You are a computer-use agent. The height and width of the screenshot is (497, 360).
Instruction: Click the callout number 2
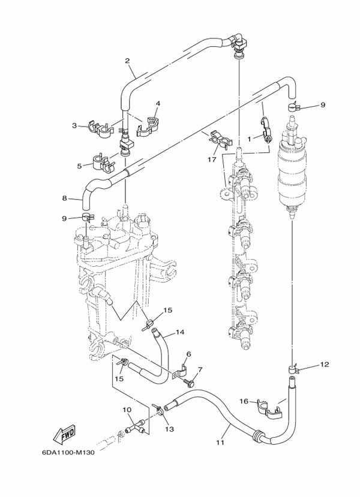[127, 61]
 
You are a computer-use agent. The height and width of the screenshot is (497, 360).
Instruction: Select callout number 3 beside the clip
[74, 125]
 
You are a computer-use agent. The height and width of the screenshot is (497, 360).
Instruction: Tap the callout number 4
[158, 103]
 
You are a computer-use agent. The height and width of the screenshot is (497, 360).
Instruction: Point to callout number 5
[79, 165]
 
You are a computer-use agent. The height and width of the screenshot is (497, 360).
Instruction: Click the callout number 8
[65, 198]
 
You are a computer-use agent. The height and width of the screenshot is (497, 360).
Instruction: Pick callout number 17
[212, 160]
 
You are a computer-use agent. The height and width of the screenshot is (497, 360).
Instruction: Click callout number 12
[325, 364]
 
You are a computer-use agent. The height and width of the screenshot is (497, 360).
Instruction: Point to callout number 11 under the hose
[220, 442]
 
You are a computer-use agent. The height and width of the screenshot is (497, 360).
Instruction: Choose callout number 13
[169, 429]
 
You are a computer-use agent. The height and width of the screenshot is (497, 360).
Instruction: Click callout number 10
[127, 410]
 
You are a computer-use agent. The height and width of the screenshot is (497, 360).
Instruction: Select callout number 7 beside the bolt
[200, 369]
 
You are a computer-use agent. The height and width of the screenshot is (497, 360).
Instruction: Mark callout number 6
[188, 354]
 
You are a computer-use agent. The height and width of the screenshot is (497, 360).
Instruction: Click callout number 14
[179, 332]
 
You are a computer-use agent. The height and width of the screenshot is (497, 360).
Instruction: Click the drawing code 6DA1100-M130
[71, 453]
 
